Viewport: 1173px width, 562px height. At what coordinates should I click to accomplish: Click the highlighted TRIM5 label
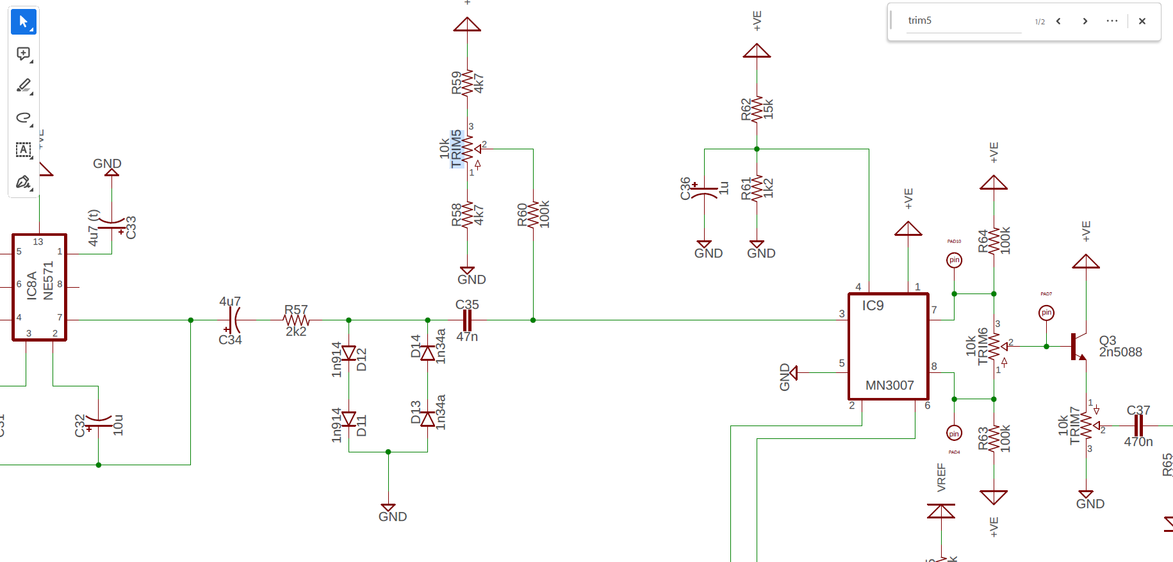(x=456, y=149)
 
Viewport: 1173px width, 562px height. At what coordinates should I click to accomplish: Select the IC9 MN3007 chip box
(x=889, y=347)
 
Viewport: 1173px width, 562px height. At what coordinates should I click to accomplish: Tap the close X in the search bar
(x=1142, y=21)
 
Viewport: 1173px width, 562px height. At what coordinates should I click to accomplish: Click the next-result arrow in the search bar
(x=1085, y=21)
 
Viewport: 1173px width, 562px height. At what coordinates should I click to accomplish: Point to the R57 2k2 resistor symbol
(x=296, y=320)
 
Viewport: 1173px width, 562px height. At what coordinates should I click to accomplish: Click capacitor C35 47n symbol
(x=467, y=320)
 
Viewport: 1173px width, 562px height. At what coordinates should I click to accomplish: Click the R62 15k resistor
(x=757, y=109)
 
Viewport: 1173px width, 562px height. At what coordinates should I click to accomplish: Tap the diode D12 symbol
(x=349, y=353)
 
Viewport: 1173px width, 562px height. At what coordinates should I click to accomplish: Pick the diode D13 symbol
(x=427, y=419)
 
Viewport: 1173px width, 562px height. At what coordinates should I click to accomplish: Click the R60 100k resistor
(x=533, y=215)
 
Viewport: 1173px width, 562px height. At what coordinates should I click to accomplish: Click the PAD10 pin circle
(x=954, y=260)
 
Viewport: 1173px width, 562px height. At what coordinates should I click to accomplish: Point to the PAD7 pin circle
(x=1046, y=313)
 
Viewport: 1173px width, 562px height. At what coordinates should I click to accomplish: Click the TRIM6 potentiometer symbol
(x=994, y=347)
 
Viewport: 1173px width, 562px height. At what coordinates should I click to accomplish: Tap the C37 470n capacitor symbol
(x=1138, y=426)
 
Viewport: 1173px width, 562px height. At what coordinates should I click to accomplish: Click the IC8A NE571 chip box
(x=39, y=287)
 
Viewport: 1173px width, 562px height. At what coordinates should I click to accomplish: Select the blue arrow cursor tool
(x=24, y=22)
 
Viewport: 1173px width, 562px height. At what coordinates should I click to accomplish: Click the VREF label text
(x=941, y=477)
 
